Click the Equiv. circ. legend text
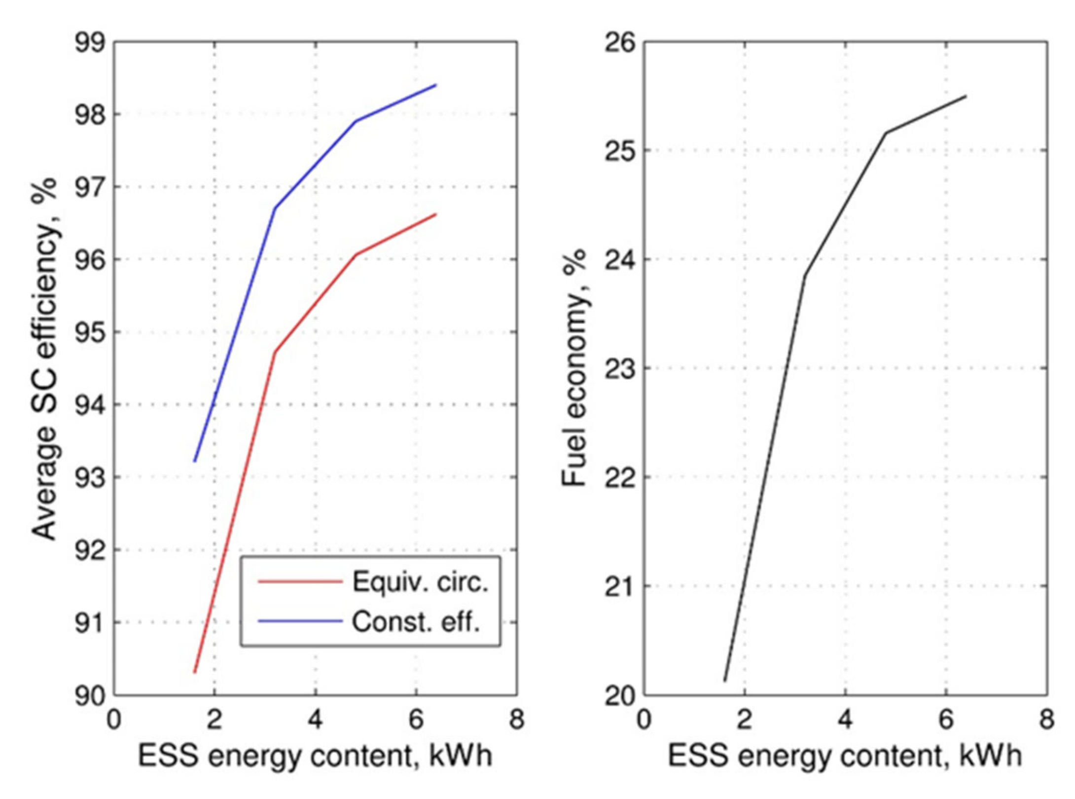tap(420, 582)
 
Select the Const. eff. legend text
tap(416, 622)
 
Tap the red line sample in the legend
tap(300, 582)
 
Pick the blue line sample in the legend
tap(300, 621)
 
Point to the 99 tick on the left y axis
tap(90, 43)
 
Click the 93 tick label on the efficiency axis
tap(90, 478)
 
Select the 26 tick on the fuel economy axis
tap(620, 43)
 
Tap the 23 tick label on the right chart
tap(620, 369)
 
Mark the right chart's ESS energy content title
tap(845, 756)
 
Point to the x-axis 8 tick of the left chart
tap(516, 720)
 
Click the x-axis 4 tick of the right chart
tap(845, 720)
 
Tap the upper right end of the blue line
tap(436, 85)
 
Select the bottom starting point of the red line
tap(195, 672)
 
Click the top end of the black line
tap(966, 96)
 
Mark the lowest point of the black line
tap(724, 682)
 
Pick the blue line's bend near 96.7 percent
tap(275, 208)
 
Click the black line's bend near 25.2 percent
tap(886, 133)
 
